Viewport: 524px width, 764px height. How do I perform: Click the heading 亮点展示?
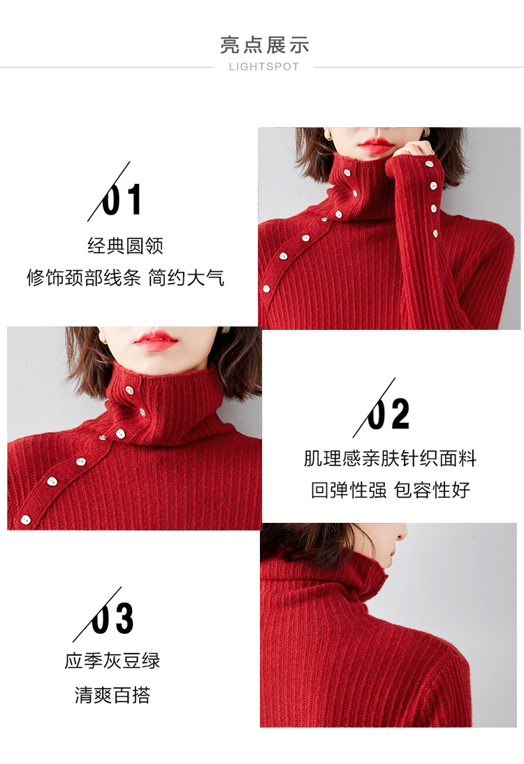[264, 45]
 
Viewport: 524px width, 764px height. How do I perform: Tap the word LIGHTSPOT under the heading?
[264, 66]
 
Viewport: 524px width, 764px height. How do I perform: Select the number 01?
[122, 199]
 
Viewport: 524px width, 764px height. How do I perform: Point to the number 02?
[388, 414]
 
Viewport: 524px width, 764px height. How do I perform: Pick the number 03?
[112, 619]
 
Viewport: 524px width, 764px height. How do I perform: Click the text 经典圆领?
[125, 245]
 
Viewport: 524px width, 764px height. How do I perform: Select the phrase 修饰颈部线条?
[84, 278]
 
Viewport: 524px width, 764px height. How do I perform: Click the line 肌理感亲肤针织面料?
[390, 459]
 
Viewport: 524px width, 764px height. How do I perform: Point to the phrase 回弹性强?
[349, 490]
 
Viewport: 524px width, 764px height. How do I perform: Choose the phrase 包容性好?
[432, 490]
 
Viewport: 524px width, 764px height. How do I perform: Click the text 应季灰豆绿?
[112, 661]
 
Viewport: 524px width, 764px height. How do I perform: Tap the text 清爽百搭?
[112, 695]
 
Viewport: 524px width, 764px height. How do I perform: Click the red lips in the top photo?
[374, 145]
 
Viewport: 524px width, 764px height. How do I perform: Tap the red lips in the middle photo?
[155, 341]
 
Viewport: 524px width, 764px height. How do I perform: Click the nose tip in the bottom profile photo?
[404, 535]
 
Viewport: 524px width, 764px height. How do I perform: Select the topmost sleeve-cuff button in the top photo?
[429, 165]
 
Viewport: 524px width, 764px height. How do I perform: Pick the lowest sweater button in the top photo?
[266, 289]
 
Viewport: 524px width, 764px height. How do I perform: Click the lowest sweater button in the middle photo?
[25, 520]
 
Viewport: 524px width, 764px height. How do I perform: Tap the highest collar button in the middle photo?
[129, 390]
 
